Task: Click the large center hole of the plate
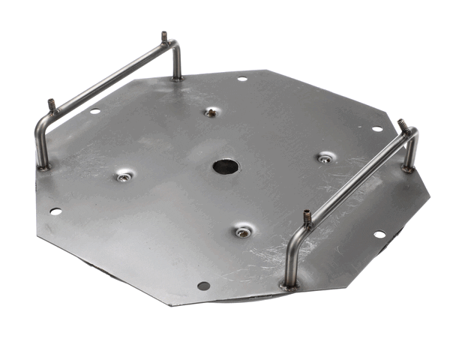[x=224, y=166]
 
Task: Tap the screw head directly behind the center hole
[x=211, y=112]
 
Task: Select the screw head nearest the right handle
[x=324, y=158]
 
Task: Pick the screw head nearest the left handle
[x=124, y=177]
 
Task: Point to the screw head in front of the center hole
[x=242, y=232]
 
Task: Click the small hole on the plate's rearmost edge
[x=241, y=79]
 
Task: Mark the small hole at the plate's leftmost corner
[x=55, y=211]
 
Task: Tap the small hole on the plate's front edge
[x=202, y=286]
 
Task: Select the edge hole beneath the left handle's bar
[x=95, y=111]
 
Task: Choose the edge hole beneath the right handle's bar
[x=379, y=234]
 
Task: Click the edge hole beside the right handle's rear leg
[x=377, y=128]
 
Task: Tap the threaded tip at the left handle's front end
[x=52, y=106]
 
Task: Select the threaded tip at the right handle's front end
[x=307, y=217]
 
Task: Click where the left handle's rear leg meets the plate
[x=177, y=77]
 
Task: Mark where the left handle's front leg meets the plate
[x=44, y=166]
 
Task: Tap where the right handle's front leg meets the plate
[x=289, y=284]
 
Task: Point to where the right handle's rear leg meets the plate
[x=408, y=169]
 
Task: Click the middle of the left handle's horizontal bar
[x=109, y=81]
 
